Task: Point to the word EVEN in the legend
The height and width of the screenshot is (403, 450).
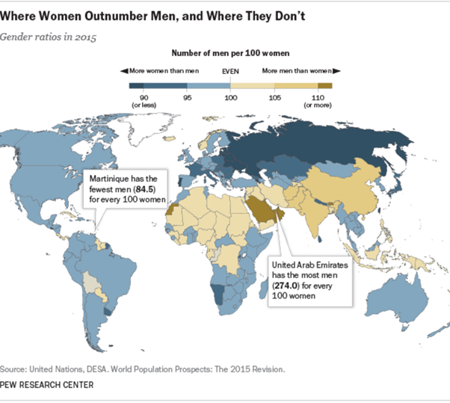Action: [x=231, y=70]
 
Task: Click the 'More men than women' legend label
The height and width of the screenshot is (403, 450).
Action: [x=297, y=70]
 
